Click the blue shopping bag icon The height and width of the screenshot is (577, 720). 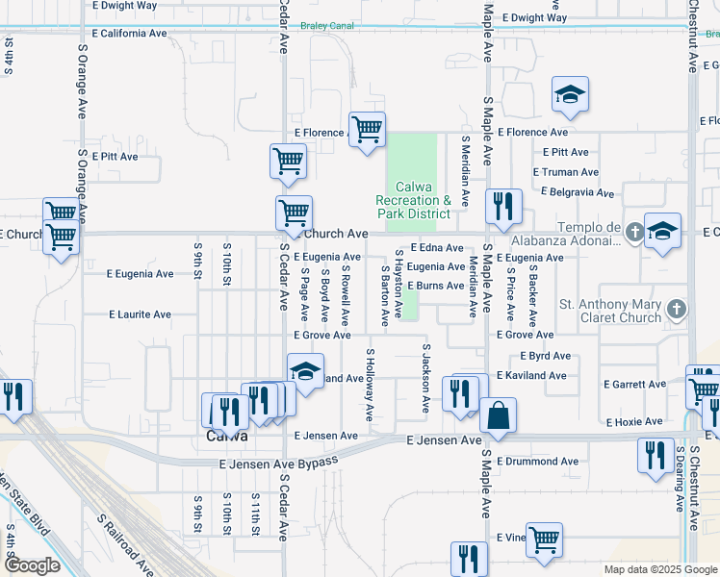click(x=498, y=415)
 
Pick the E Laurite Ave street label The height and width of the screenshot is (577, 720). click(x=140, y=314)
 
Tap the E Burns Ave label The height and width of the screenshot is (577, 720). click(x=435, y=286)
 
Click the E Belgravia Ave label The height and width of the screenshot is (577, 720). click(x=582, y=191)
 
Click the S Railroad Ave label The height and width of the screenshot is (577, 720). click(x=125, y=544)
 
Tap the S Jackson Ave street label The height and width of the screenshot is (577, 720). click(x=424, y=379)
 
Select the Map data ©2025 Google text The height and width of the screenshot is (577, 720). click(x=659, y=569)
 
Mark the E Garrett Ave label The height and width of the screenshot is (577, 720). click(x=634, y=385)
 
